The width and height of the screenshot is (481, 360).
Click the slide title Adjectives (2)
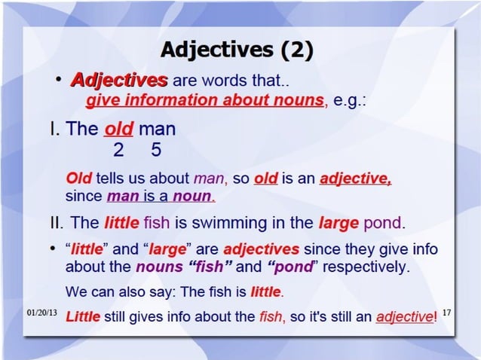tap(237, 50)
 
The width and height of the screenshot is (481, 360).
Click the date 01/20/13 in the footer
tap(41, 311)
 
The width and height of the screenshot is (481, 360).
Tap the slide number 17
tap(446, 310)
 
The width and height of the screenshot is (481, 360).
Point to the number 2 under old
tap(118, 150)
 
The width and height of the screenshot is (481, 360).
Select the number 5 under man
tap(156, 150)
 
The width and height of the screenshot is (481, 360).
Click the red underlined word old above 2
tap(119, 129)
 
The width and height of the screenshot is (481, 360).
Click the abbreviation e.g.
tap(348, 100)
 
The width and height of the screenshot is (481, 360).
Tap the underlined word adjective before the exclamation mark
tap(404, 316)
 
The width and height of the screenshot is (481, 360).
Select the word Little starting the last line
tap(83, 316)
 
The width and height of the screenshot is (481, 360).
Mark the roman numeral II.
tap(56, 223)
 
